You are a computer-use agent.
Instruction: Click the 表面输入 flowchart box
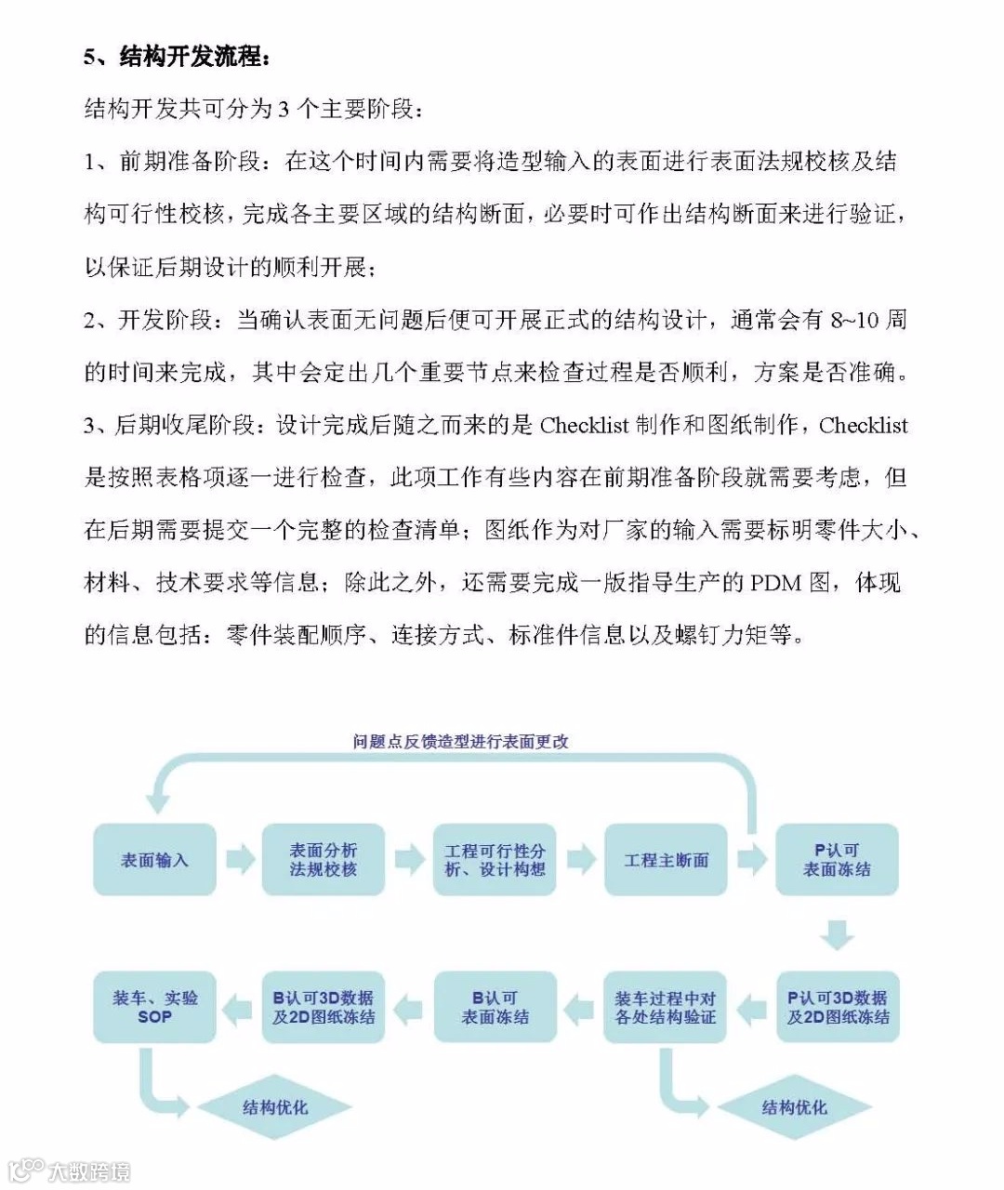click(x=154, y=860)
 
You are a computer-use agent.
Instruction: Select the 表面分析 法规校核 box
click(x=323, y=860)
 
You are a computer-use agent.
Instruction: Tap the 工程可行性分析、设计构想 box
click(x=495, y=860)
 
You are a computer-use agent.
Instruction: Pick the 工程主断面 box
click(x=666, y=860)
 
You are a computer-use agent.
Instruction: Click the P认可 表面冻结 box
click(x=837, y=860)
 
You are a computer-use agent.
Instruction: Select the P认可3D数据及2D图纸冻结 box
click(x=837, y=1008)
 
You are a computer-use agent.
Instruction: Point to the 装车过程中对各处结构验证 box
click(x=666, y=1008)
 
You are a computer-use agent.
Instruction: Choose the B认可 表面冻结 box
click(x=495, y=1008)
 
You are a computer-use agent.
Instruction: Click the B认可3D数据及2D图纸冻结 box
click(x=323, y=1008)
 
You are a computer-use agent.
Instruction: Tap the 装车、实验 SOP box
click(x=154, y=1008)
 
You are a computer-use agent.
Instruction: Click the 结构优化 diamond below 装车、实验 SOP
click(x=275, y=1107)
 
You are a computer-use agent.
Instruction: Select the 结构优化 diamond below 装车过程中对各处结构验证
click(x=794, y=1107)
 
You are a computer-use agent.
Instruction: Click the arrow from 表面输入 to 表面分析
click(x=240, y=860)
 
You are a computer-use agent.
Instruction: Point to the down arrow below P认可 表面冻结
click(x=837, y=933)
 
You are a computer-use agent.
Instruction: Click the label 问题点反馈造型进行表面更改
click(x=460, y=742)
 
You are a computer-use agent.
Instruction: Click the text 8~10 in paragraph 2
click(x=854, y=321)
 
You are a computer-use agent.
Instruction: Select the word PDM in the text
click(x=775, y=583)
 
